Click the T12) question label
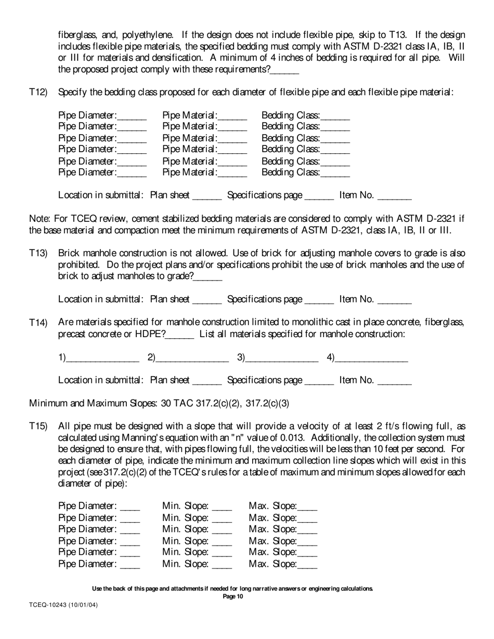38,92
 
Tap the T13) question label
38,254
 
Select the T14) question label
38,323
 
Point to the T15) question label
38,426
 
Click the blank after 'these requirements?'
285,70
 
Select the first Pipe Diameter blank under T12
133,116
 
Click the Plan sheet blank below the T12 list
207,196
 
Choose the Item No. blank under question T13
394,300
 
